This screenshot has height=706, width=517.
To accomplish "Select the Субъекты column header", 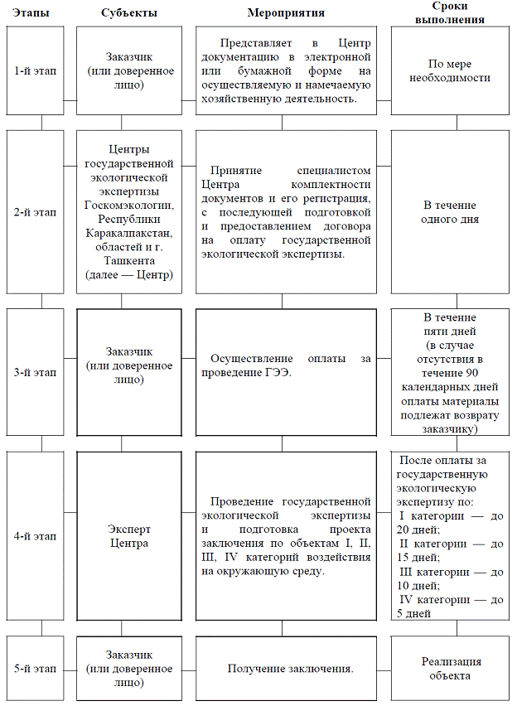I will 128,13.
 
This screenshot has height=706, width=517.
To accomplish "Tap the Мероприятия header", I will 286,13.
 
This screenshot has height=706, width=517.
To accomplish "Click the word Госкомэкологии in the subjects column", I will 128,205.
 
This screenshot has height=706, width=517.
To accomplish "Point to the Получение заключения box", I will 282,669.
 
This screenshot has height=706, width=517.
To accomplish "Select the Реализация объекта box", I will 451,669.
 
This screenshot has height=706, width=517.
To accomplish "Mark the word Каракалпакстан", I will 128,233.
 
